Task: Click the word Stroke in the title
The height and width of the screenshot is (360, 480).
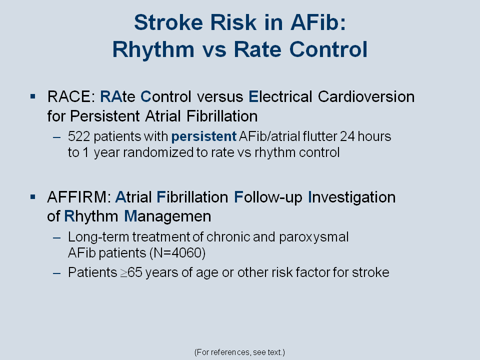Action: point(168,22)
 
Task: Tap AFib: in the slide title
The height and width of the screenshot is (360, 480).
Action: point(318,22)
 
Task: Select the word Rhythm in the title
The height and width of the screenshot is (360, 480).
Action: point(153,49)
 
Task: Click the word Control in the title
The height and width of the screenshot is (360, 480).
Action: point(328,49)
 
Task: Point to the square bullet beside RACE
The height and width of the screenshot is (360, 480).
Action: point(33,96)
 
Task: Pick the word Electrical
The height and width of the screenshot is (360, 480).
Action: point(280,96)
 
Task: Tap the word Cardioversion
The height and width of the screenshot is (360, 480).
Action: point(366,96)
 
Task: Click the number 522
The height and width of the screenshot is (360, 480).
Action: point(79,136)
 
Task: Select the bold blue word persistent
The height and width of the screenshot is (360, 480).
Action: point(204,137)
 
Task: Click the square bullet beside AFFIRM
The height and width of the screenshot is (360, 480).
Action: point(33,197)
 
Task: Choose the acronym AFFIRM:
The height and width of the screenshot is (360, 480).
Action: point(79,197)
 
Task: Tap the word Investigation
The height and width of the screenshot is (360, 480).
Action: point(351,197)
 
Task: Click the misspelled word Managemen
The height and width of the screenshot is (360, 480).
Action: point(167,216)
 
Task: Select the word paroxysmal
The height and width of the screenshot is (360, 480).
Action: point(314,237)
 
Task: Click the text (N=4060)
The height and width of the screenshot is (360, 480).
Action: point(177,253)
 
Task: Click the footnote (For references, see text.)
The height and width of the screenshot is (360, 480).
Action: point(239,352)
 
